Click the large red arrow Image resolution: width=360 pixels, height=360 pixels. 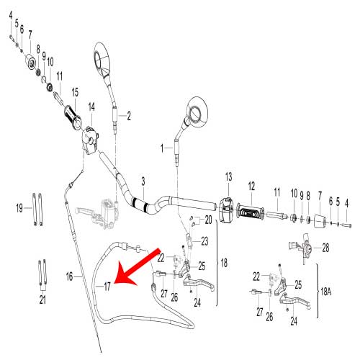pyautogui.click(x=136, y=266)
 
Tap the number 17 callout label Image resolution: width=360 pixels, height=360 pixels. pyautogui.click(x=107, y=287)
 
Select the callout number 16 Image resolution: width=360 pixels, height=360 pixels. pyautogui.click(x=70, y=276)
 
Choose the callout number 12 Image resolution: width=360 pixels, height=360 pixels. pyautogui.click(x=251, y=186)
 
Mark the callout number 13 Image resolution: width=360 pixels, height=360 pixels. pyautogui.click(x=228, y=176)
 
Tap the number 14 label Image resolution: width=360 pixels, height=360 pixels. pyautogui.click(x=91, y=107)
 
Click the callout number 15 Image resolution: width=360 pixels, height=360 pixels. pyautogui.click(x=74, y=93)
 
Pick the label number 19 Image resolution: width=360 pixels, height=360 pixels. pyautogui.click(x=19, y=208)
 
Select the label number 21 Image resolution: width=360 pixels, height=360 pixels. pyautogui.click(x=42, y=299)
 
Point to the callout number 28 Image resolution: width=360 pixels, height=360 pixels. pyautogui.click(x=325, y=248)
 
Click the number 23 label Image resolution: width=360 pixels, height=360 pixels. pyautogui.click(x=204, y=240)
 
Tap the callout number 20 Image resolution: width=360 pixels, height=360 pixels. pyautogui.click(x=208, y=218)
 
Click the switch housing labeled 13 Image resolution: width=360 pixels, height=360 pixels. pyautogui.click(x=227, y=208)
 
